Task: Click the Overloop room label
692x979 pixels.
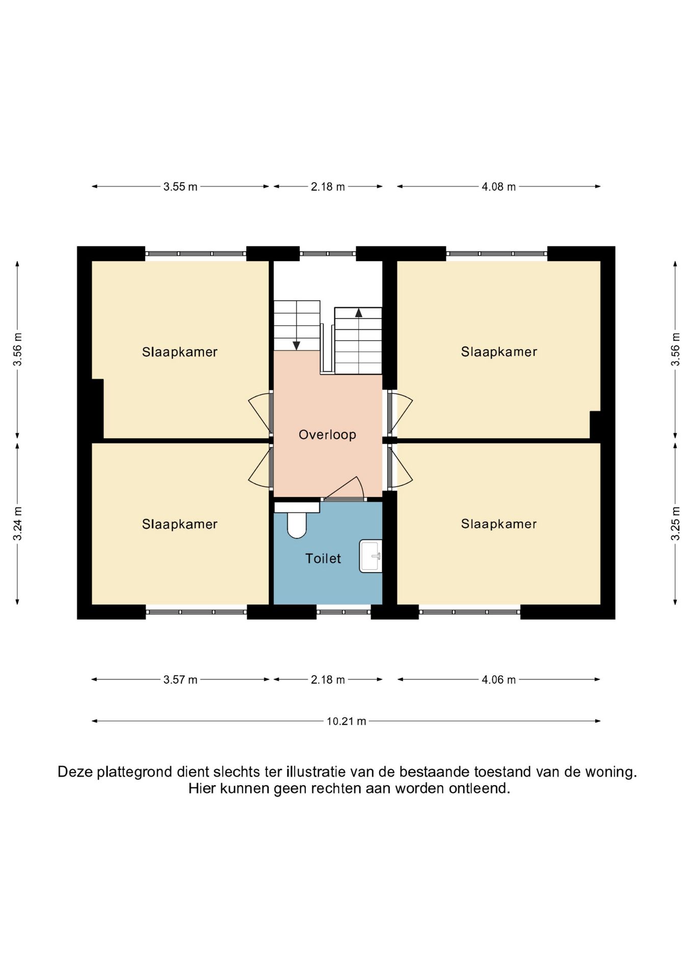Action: [327, 434]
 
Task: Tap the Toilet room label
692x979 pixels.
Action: [323, 558]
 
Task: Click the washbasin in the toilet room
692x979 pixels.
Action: [371, 556]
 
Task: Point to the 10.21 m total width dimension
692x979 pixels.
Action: [347, 721]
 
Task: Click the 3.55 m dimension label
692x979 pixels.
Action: [180, 187]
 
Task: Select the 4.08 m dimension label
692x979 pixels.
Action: [499, 187]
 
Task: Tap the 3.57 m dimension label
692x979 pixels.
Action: [180, 680]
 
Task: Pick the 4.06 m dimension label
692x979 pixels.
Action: [499, 680]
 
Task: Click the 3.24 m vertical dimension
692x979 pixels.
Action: [17, 524]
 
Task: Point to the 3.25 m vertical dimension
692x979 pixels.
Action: [675, 524]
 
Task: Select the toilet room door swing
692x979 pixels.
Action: [347, 488]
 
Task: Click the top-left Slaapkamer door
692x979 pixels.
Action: [260, 413]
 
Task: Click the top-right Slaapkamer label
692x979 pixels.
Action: [499, 352]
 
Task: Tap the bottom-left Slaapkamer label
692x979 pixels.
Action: [180, 524]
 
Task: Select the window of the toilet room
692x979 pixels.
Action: [344, 612]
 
